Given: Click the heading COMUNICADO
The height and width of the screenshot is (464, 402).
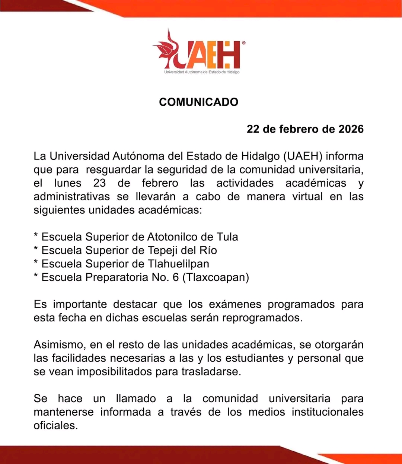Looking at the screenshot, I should pos(198,102).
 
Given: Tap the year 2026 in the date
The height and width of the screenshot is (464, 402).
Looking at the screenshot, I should pos(351,129).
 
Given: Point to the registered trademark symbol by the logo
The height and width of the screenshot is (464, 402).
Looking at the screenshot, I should pos(243,43).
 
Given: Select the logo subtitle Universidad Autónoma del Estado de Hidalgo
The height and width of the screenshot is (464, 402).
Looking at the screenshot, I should pos(202,72).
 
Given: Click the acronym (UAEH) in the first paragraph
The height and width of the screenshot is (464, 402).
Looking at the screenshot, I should pos(303,156).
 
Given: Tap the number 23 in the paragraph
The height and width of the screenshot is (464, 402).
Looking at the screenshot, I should pos(99,183).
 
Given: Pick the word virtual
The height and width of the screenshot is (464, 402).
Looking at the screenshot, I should pos(307,197).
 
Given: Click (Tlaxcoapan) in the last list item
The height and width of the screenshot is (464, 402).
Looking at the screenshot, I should pos(216,277).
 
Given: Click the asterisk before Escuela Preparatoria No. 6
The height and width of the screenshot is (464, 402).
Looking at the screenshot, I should pos(36,276).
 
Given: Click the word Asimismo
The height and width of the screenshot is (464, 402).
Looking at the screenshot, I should pos(60,345).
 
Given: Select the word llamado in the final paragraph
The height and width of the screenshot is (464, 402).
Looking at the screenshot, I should pos(136,398).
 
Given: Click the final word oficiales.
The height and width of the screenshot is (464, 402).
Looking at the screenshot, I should pos(55,425).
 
